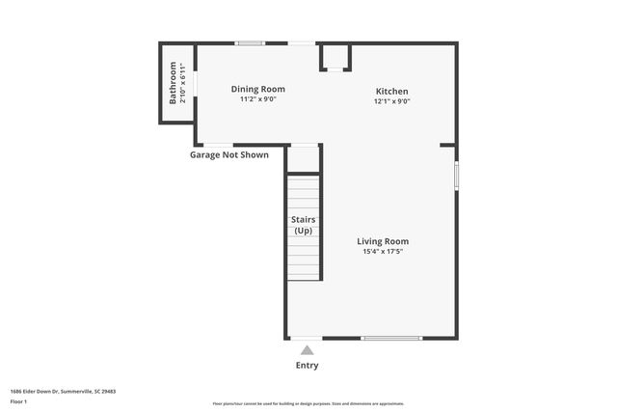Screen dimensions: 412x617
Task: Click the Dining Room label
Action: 257,89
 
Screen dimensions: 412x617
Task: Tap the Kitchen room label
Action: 392,91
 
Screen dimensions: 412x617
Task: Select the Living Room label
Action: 383,241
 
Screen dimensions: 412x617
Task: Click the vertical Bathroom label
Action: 174,83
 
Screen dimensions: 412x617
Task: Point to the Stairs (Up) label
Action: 303,225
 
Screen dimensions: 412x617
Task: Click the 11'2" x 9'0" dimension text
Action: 257,98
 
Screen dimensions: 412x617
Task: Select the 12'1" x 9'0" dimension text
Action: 392,100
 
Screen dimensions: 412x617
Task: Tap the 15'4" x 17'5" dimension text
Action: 383,252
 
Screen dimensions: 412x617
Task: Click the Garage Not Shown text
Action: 228,154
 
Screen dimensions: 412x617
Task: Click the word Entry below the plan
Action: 307,366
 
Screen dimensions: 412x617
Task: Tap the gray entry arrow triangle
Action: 307,350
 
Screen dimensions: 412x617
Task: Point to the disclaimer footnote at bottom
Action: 308,403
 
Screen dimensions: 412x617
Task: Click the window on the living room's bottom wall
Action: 391,338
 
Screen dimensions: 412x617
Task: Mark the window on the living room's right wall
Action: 456,176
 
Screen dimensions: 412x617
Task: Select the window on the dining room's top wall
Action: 251,42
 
